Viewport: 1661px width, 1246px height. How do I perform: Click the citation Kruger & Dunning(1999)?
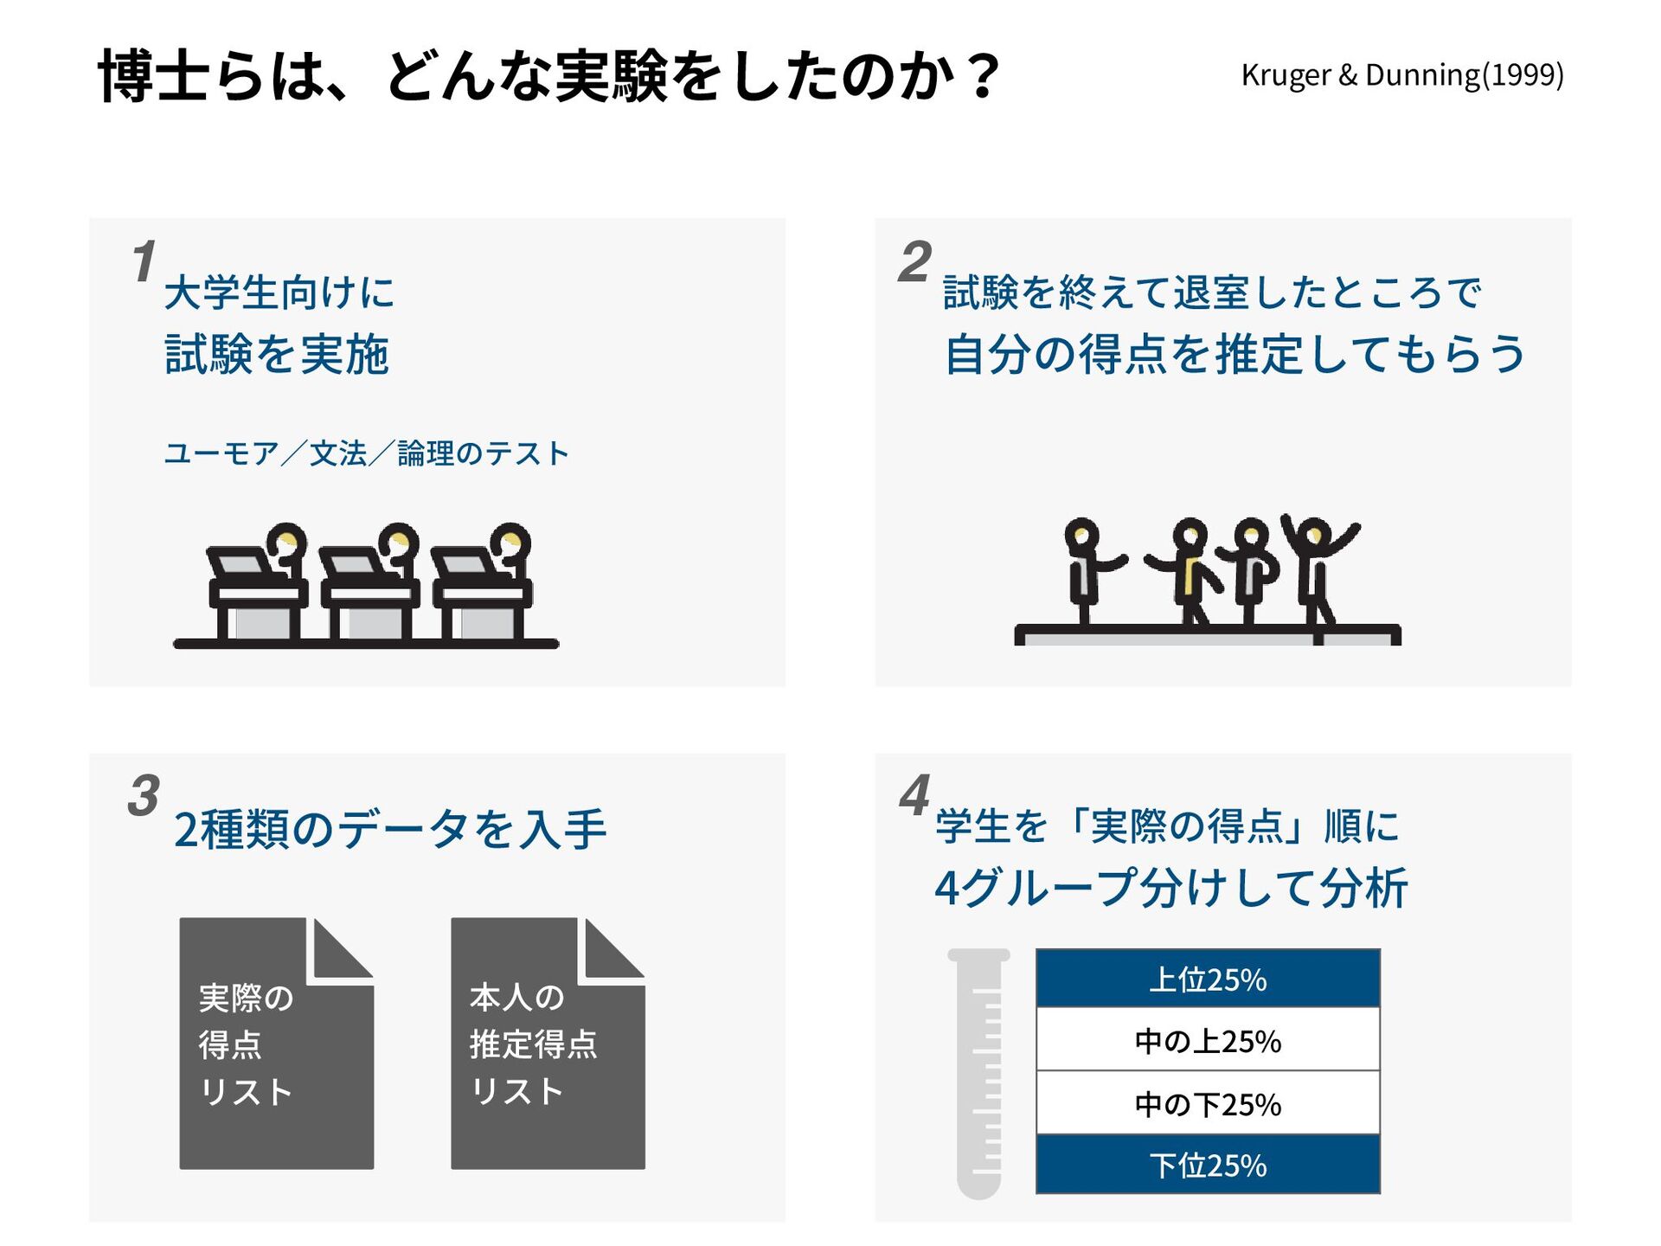(1401, 75)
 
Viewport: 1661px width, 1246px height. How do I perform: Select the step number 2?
(914, 261)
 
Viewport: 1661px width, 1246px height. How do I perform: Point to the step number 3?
(144, 796)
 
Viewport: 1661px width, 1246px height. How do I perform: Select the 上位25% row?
(1208, 979)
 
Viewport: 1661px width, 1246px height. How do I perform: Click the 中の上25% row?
(1208, 1040)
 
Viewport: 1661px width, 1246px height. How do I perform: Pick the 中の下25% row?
(1208, 1103)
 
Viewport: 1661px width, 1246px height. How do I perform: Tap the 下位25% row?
(1208, 1165)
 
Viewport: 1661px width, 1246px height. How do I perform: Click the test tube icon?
(979, 1073)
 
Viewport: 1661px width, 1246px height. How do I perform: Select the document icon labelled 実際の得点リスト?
(276, 1044)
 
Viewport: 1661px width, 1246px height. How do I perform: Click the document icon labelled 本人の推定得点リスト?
(548, 1044)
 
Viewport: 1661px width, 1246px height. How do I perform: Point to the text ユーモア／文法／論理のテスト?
(366, 453)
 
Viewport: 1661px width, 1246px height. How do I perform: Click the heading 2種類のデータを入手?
(390, 829)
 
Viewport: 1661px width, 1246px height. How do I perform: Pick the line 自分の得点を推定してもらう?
(1235, 355)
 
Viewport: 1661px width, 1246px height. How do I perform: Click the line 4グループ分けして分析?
(1171, 888)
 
